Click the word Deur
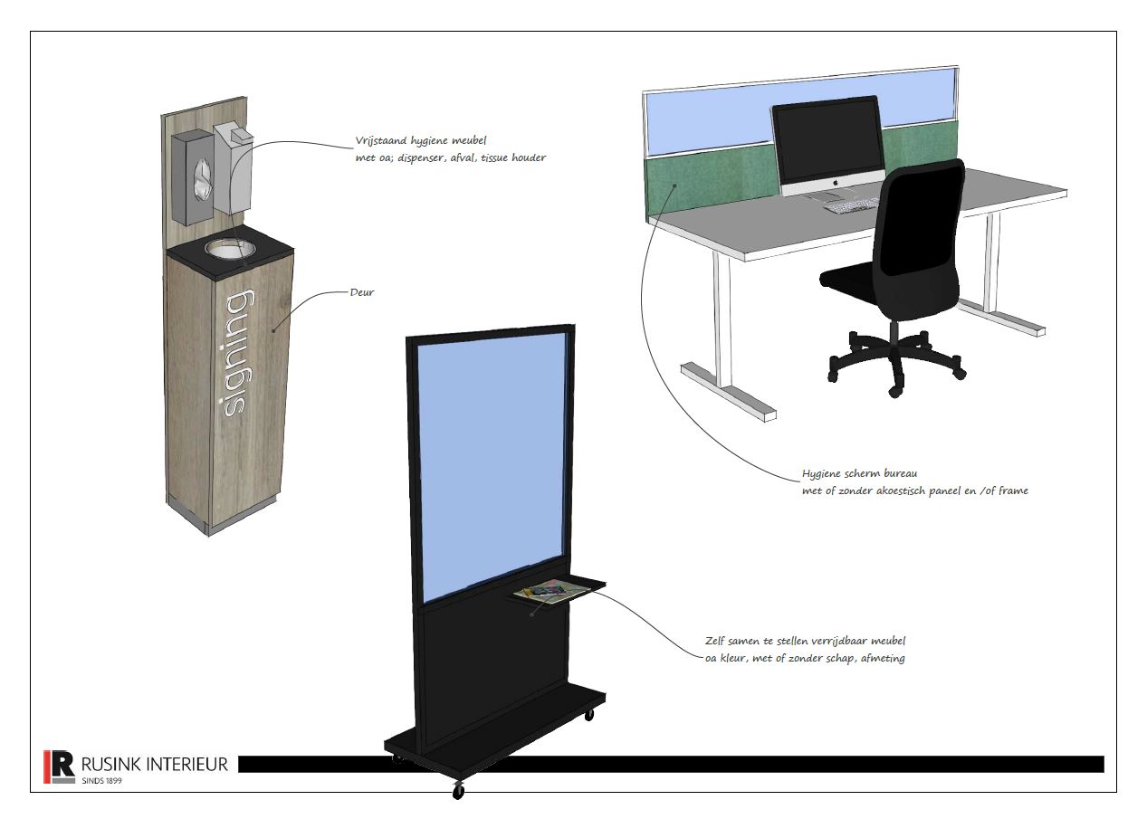point(362,293)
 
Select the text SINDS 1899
point(102,781)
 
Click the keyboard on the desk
point(852,205)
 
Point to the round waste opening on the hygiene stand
point(231,248)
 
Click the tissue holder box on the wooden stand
point(193,177)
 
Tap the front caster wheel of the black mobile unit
point(458,791)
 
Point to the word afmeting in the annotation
point(883,658)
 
